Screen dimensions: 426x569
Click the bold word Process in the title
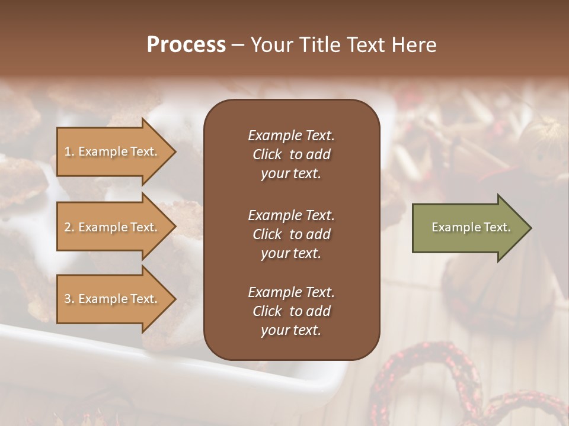click(x=186, y=45)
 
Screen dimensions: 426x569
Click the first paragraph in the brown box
click(x=291, y=154)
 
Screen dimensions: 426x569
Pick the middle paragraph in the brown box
click(x=291, y=234)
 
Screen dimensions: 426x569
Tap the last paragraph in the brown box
click(x=291, y=311)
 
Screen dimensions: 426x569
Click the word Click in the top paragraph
click(x=267, y=154)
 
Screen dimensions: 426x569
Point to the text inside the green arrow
click(x=471, y=227)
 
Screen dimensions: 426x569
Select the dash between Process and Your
click(x=238, y=46)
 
